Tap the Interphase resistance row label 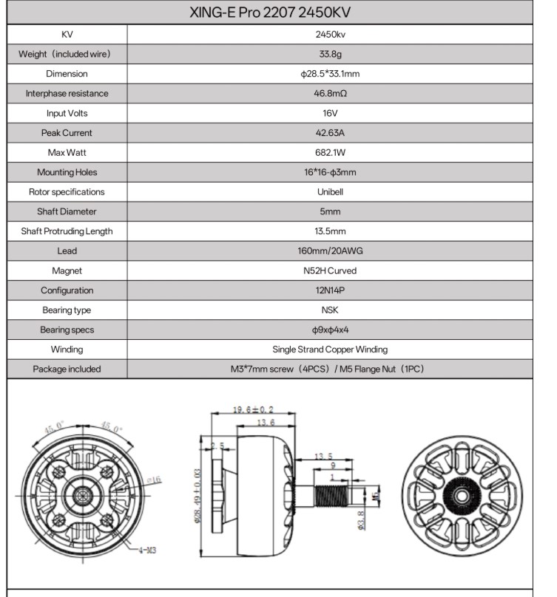(67, 94)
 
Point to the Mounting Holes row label (67, 172)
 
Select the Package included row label (67, 369)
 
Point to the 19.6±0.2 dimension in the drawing (253, 409)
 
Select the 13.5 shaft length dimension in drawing (323, 456)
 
